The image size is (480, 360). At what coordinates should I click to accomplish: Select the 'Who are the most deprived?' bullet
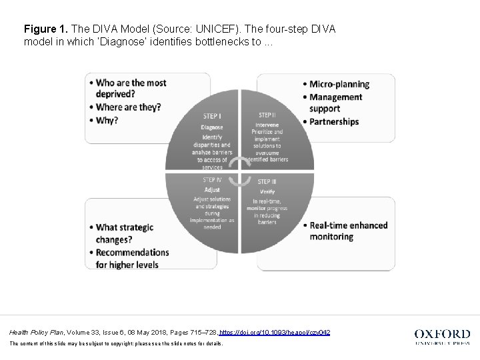coord(131,89)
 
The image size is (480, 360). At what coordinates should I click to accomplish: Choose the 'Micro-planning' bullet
coord(339,84)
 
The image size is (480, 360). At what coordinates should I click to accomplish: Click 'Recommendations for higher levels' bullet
coord(131,259)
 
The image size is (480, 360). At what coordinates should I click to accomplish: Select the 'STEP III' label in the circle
coord(268,181)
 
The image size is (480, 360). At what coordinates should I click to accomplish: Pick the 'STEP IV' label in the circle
coord(213,180)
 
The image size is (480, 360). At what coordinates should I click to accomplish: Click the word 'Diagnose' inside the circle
coord(212,127)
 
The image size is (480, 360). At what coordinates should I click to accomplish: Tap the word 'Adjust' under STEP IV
coord(212,190)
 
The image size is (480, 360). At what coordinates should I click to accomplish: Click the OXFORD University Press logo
coord(442,337)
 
